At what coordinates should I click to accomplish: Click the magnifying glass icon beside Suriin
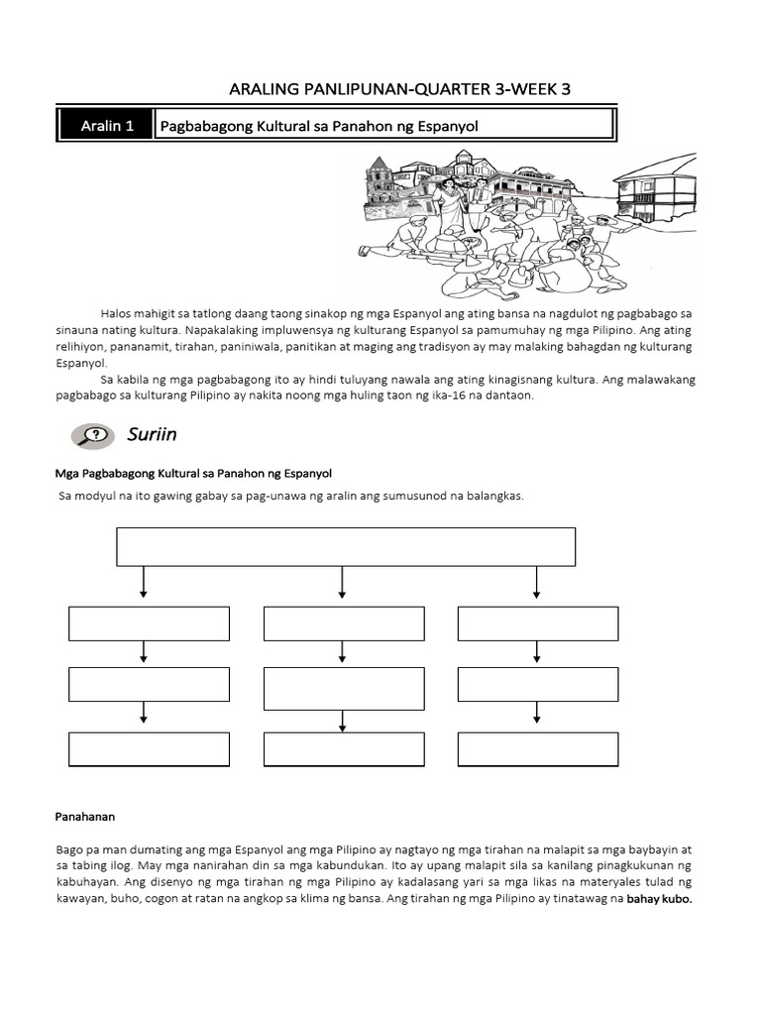click(92, 435)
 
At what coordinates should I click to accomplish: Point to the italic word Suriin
click(152, 434)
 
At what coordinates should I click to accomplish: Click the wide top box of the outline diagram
click(346, 546)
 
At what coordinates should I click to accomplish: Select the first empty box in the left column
click(149, 623)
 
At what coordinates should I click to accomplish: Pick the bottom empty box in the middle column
click(344, 749)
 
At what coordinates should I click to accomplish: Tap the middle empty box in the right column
click(538, 684)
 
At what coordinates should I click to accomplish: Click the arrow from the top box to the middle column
click(343, 582)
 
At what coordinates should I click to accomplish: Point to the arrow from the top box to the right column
click(537, 582)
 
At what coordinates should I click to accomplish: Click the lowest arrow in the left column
click(146, 715)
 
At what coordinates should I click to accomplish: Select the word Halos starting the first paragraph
click(117, 312)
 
